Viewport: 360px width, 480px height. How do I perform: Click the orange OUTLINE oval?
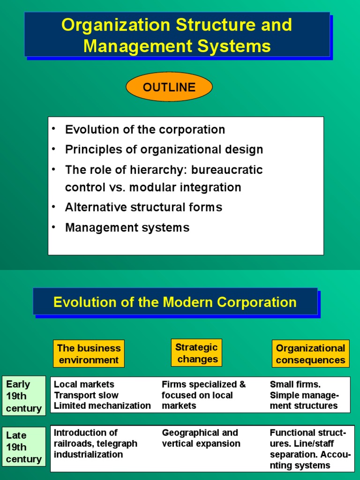click(x=169, y=87)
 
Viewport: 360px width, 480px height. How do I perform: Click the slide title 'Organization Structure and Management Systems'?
click(x=177, y=35)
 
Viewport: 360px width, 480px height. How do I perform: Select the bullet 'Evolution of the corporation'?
click(x=145, y=129)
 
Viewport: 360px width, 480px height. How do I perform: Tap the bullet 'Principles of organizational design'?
click(x=164, y=150)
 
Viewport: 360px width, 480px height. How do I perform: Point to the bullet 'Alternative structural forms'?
click(x=143, y=207)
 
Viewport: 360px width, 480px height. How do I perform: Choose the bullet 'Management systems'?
click(x=127, y=228)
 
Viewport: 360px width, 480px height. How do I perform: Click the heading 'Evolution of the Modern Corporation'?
click(x=175, y=302)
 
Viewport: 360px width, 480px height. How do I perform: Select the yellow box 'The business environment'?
click(x=89, y=354)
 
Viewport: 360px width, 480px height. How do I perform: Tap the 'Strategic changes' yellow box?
click(x=196, y=353)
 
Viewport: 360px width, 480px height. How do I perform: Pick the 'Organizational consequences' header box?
click(x=310, y=354)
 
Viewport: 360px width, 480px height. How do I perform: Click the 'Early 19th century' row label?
click(x=23, y=396)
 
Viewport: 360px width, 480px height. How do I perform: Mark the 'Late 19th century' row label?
click(x=23, y=447)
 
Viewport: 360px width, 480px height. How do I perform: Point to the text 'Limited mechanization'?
click(x=102, y=406)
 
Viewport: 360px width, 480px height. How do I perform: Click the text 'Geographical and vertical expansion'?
click(x=201, y=438)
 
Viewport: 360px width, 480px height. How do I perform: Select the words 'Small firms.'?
click(x=295, y=384)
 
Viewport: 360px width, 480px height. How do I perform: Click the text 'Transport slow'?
click(x=86, y=395)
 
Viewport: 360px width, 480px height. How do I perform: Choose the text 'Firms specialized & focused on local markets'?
click(x=203, y=395)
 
